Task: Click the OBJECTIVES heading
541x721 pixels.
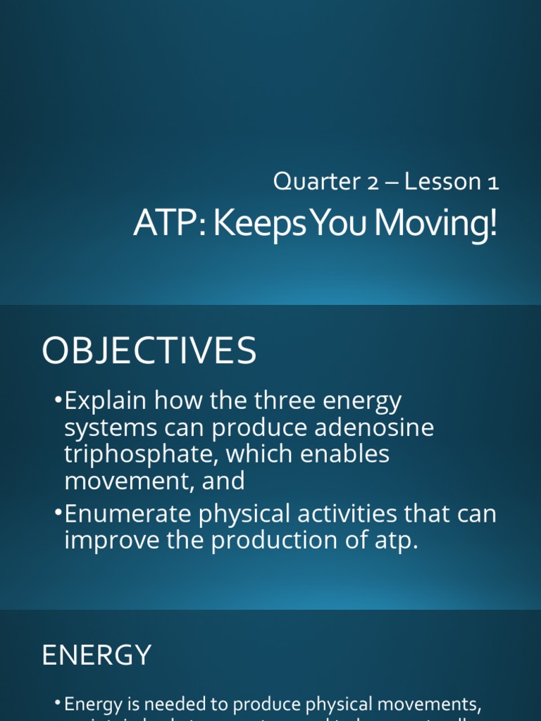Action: pos(149,351)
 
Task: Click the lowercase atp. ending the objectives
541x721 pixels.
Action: pos(396,541)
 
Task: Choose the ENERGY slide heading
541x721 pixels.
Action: pos(97,656)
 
